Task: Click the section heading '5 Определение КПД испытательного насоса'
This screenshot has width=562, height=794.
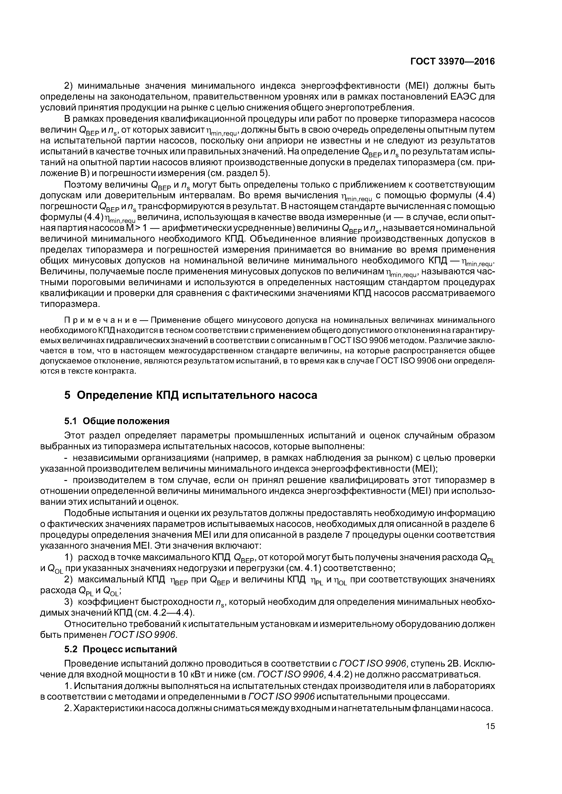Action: tap(190, 395)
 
